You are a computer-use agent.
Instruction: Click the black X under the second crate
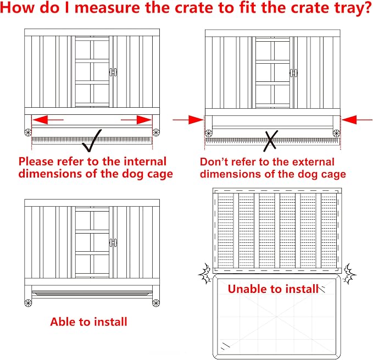point(270,141)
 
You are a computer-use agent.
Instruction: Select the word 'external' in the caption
point(313,162)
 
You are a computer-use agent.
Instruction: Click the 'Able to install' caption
point(88,322)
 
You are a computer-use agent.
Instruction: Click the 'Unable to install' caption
point(273,289)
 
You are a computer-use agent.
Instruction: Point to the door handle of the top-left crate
point(113,72)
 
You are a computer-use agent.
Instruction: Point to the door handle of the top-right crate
point(294,73)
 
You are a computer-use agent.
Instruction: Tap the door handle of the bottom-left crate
point(113,243)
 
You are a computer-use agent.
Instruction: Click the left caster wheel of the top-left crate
point(28,132)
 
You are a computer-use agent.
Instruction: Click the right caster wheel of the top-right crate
point(336,133)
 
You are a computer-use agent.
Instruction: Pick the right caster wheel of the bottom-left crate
point(156,303)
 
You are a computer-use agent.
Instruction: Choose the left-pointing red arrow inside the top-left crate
point(48,120)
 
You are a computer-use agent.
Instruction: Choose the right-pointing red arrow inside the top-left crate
point(136,120)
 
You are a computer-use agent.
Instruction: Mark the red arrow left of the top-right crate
point(188,120)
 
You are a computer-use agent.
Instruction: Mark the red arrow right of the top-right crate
point(357,120)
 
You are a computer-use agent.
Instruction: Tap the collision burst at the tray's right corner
point(349,274)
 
